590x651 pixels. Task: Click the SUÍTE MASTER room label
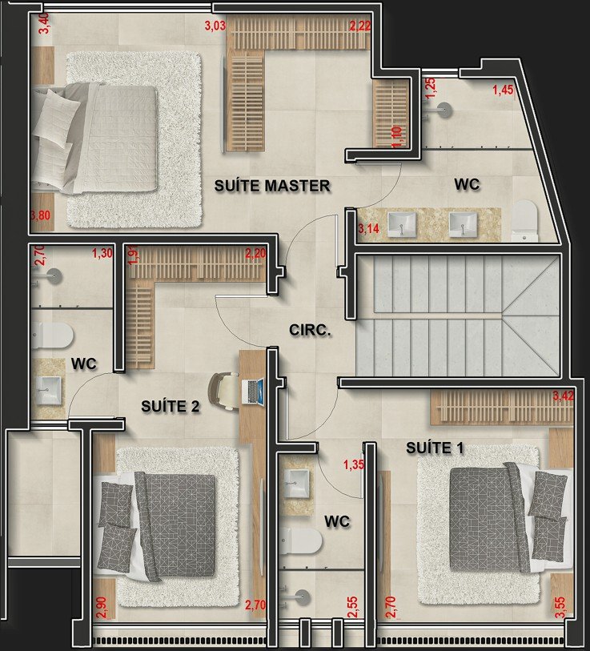pyautogui.click(x=272, y=185)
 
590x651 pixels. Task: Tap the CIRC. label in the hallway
pyautogui.click(x=310, y=330)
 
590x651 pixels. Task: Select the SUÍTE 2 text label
pyautogui.click(x=171, y=406)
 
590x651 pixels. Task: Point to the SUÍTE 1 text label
pyautogui.click(x=435, y=448)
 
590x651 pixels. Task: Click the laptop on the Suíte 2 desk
pyautogui.click(x=253, y=392)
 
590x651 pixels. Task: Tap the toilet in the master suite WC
pyautogui.click(x=524, y=220)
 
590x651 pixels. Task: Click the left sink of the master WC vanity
pyautogui.click(x=402, y=224)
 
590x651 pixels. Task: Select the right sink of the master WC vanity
pyautogui.click(x=463, y=224)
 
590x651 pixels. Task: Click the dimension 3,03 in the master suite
pyautogui.click(x=215, y=26)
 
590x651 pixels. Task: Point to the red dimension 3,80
pyautogui.click(x=41, y=215)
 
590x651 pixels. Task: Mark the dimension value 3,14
pyautogui.click(x=368, y=228)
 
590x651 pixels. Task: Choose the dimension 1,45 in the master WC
pyautogui.click(x=503, y=89)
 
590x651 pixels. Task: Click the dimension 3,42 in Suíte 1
pyautogui.click(x=563, y=396)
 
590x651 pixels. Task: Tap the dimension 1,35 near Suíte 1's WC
pyautogui.click(x=353, y=464)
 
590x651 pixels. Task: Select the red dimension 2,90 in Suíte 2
pyautogui.click(x=102, y=608)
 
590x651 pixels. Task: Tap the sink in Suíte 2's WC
pyautogui.click(x=49, y=391)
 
